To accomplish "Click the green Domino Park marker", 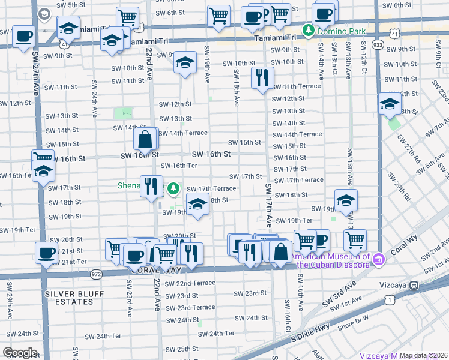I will [308, 29].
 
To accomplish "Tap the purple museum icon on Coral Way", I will [378, 260].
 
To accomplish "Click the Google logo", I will [20, 353].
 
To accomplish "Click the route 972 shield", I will [96, 274].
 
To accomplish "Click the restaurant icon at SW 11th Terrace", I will [262, 77].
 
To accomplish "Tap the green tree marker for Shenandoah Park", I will [173, 189].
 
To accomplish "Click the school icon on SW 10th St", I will [185, 62].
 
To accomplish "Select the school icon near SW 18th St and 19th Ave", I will [197, 205].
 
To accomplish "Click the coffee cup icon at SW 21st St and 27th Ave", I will [46, 253].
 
